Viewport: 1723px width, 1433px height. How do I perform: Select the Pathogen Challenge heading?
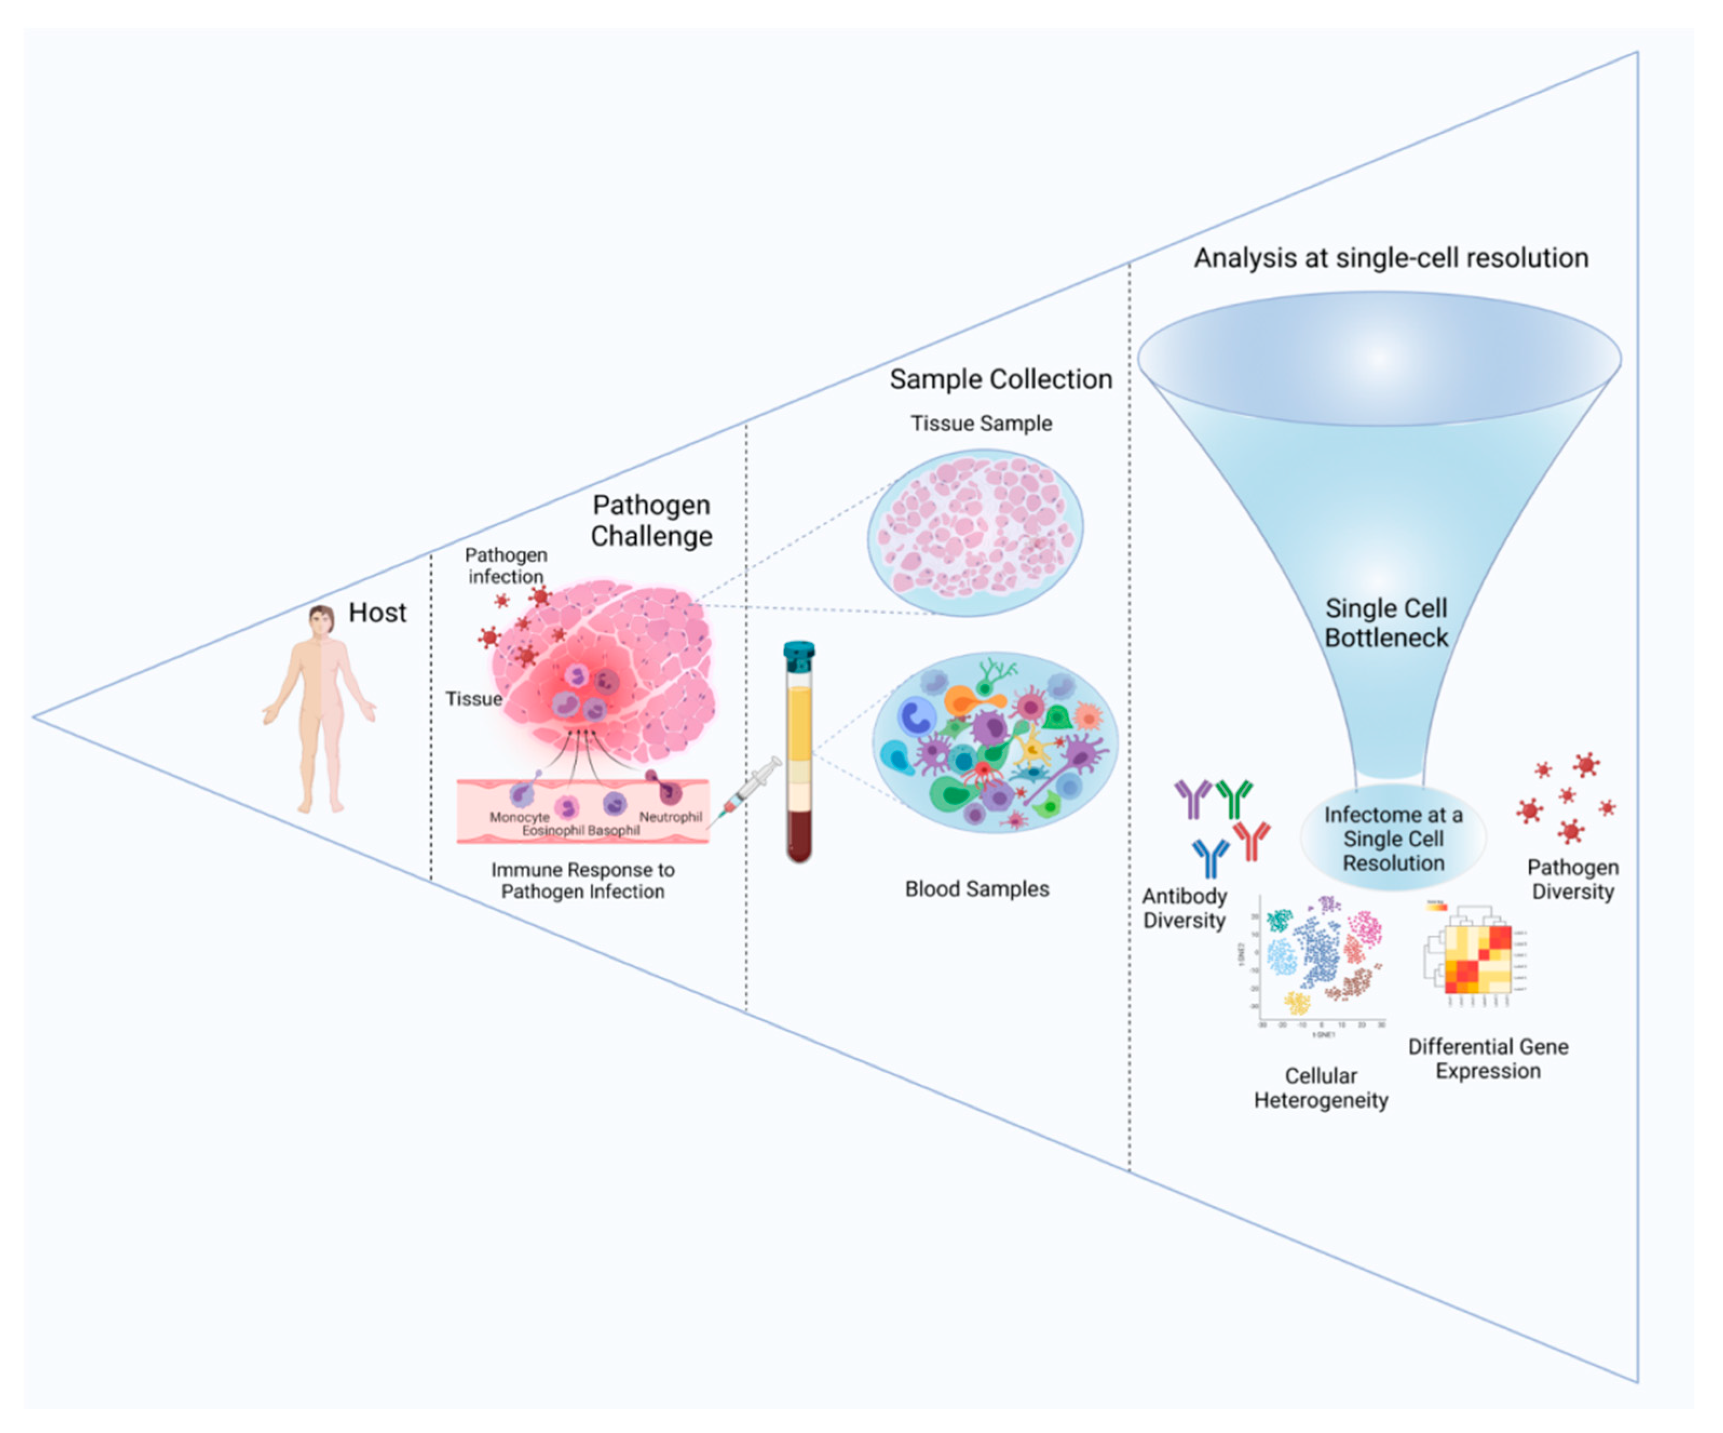pos(651,520)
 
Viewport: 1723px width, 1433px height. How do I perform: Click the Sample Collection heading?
pos(1000,379)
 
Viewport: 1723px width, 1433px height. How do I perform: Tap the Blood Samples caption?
pos(976,889)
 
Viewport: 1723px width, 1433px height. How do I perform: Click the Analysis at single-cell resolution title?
pos(1391,257)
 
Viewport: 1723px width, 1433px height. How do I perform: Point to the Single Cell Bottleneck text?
pos(1386,623)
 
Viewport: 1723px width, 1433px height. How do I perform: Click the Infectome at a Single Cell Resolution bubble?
pos(1393,839)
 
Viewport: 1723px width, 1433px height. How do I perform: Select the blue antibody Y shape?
pos(1210,856)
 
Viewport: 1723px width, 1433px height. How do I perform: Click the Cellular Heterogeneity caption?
pos(1320,1088)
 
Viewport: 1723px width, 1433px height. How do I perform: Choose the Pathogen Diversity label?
pos(1572,879)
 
